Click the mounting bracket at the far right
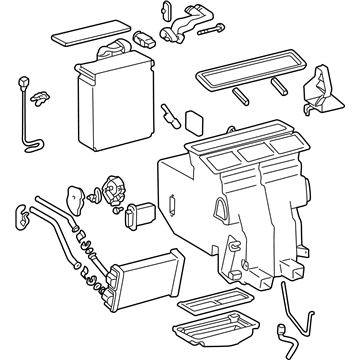pyautogui.click(x=317, y=89)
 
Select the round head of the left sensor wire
pyautogui.click(x=20, y=80)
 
